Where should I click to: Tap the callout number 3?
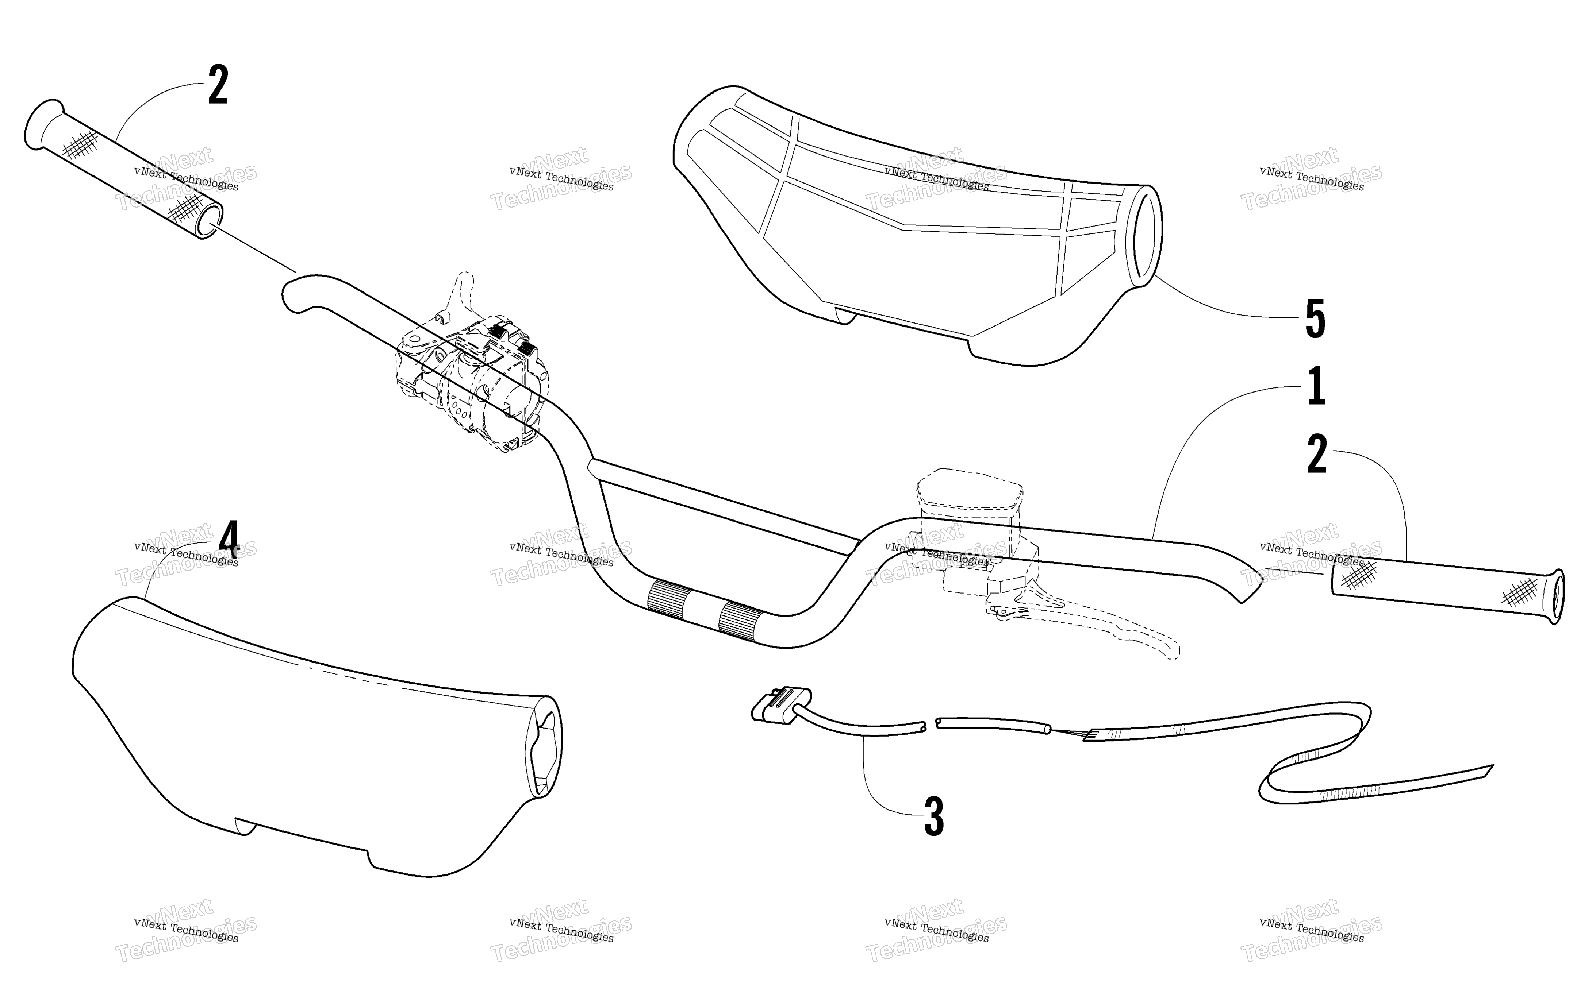coord(934,817)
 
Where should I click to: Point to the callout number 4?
coord(229,540)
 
